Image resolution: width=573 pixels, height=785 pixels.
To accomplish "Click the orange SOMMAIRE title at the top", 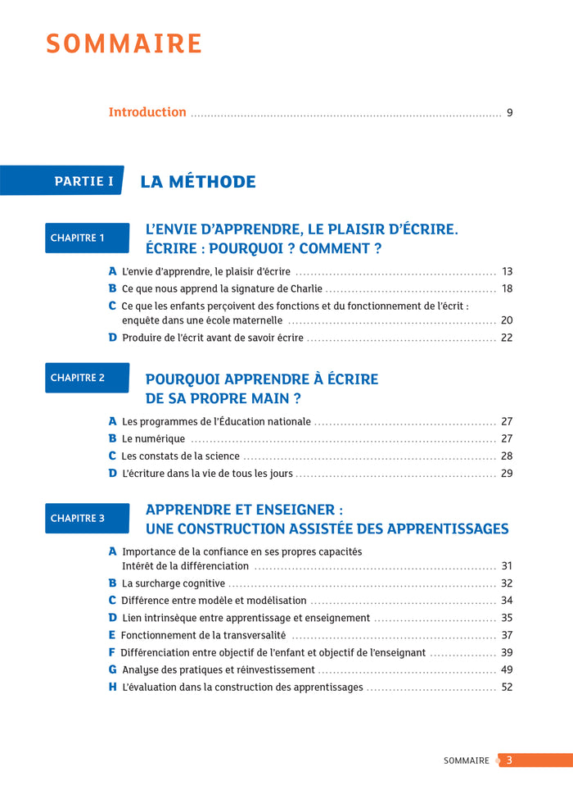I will [124, 43].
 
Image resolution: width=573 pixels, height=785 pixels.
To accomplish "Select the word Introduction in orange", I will [147, 112].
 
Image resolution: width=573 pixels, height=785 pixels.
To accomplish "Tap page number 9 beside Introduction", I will [509, 113].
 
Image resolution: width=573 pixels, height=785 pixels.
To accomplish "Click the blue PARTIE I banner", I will [83, 181].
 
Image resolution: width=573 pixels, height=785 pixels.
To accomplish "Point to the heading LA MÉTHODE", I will [198, 182].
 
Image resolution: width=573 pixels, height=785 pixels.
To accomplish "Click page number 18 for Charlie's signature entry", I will [507, 288].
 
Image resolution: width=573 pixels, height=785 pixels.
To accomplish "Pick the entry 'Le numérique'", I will [153, 438].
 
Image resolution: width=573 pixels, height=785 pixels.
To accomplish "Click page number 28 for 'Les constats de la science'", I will [507, 456].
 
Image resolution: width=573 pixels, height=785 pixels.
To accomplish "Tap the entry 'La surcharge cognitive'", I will [173, 583].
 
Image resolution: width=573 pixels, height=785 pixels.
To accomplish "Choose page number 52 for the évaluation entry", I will [507, 687].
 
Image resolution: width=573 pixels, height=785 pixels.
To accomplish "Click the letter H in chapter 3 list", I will [113, 687].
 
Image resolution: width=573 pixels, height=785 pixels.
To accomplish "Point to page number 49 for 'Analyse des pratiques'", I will [507, 669].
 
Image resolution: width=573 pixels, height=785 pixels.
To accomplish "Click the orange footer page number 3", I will [509, 760].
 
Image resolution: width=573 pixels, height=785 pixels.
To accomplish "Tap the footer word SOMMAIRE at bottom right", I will [466, 760].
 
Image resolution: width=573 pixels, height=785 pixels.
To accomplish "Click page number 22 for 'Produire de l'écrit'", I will [507, 338].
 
